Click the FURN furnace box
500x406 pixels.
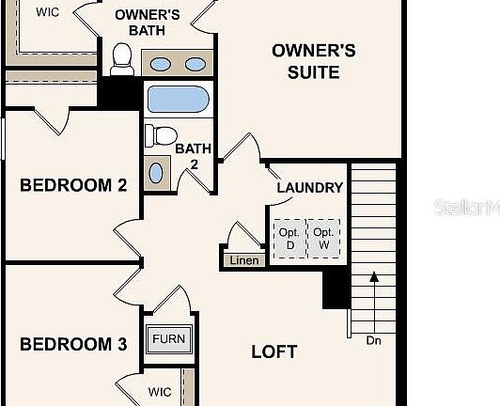(170, 339)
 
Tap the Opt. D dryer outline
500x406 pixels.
(289, 239)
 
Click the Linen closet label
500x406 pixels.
(243, 260)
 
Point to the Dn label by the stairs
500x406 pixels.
(374, 340)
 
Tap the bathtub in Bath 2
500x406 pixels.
(179, 101)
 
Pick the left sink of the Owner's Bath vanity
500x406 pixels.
(161, 64)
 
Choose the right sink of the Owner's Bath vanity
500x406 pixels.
(195, 64)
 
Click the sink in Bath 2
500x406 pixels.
(157, 171)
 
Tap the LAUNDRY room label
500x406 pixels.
(309, 187)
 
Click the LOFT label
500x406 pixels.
(274, 352)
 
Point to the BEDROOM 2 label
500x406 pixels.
(73, 185)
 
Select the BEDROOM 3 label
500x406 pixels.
(73, 344)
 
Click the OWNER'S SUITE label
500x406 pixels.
(313, 60)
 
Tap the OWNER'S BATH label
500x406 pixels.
(148, 22)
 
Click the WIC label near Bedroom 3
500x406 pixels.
(160, 391)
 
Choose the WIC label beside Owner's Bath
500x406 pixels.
(47, 12)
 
